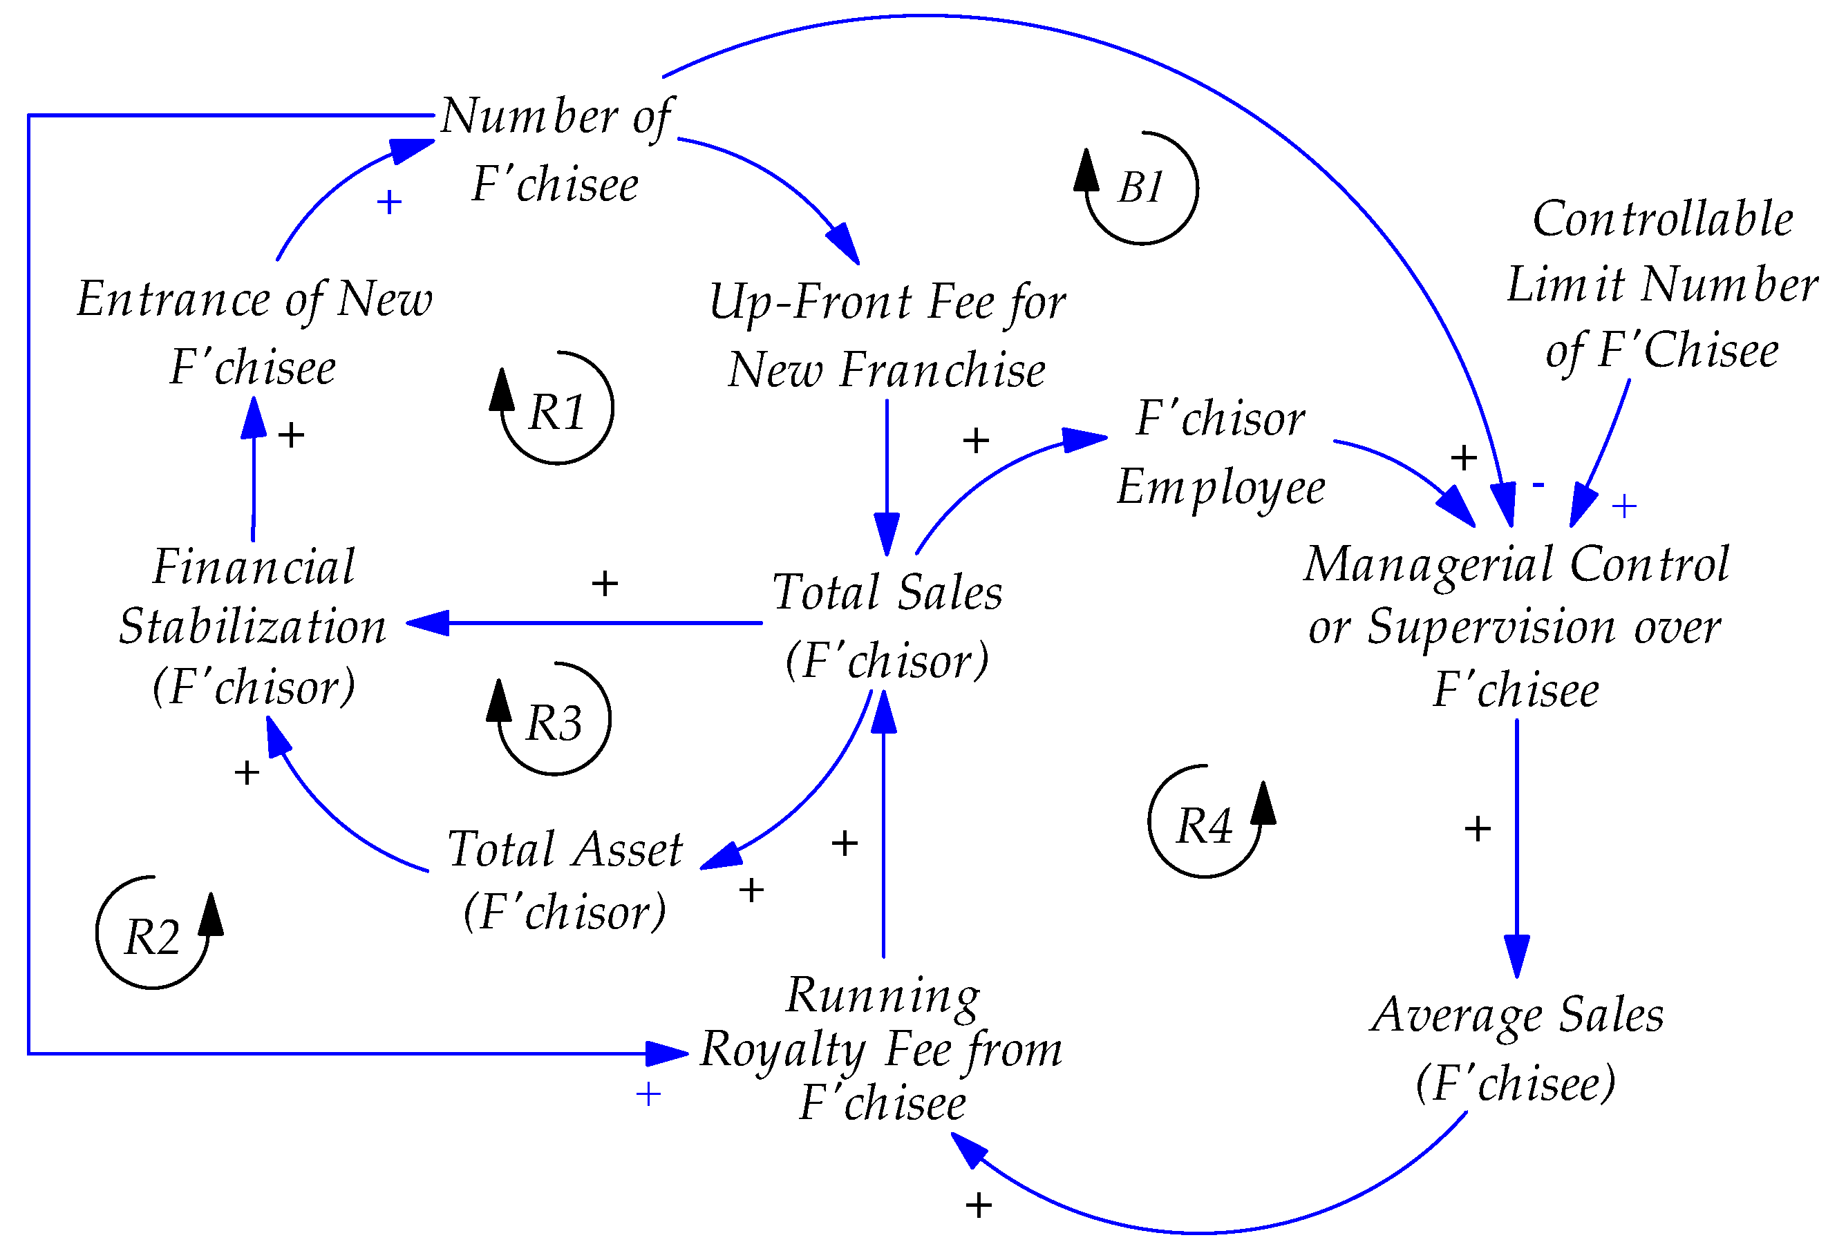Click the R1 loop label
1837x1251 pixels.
click(x=556, y=412)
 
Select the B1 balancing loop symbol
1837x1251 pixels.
click(x=1140, y=188)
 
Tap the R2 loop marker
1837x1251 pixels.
click(x=153, y=937)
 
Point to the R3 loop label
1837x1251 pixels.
click(x=554, y=723)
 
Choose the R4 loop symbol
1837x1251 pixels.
click(x=1204, y=826)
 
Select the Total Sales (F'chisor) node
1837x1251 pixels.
click(x=887, y=626)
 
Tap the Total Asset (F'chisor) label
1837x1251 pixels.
click(x=565, y=880)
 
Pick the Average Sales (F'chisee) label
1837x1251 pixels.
click(x=1516, y=1048)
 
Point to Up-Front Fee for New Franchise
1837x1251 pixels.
click(x=887, y=336)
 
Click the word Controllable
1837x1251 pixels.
click(x=1662, y=219)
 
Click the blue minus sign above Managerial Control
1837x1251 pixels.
click(x=1538, y=484)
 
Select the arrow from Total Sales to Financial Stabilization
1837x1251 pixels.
click(x=585, y=622)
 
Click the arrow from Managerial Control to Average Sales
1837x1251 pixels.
click(x=1516, y=846)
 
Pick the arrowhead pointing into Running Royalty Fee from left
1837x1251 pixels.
click(x=667, y=1053)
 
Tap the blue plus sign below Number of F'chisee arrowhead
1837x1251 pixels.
click(x=389, y=203)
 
